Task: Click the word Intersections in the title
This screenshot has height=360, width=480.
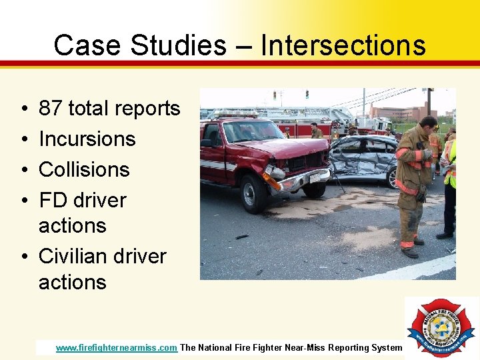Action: click(x=343, y=45)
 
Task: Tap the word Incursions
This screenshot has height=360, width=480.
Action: click(x=87, y=139)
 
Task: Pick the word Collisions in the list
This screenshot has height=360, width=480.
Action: click(x=84, y=169)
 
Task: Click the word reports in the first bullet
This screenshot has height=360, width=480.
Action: click(x=146, y=109)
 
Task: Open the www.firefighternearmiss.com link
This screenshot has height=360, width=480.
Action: click(x=117, y=347)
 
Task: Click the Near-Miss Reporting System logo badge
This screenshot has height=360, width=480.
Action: click(x=441, y=327)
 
